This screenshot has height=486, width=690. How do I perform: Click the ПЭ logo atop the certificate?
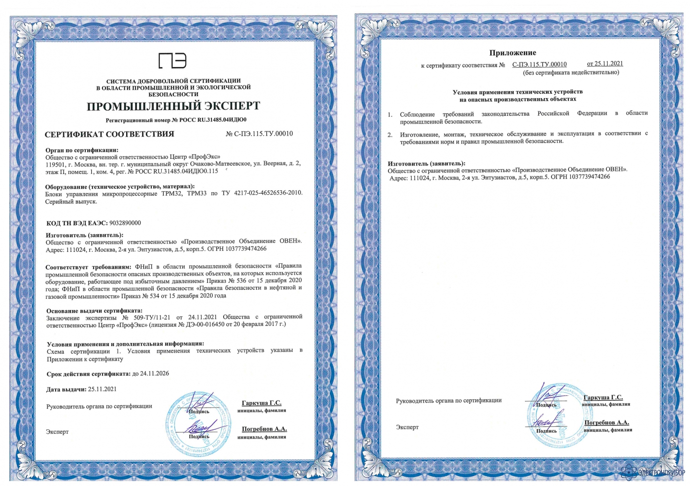(172, 60)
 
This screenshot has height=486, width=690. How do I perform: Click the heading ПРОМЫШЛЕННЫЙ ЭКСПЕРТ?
(173, 106)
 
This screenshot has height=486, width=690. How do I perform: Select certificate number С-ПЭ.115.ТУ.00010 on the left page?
(263, 134)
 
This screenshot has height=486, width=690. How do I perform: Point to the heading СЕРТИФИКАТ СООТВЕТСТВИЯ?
(109, 134)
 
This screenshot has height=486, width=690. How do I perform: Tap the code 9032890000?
(125, 223)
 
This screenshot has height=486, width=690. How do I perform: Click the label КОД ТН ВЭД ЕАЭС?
(76, 223)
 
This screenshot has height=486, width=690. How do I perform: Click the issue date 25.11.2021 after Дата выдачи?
(103, 389)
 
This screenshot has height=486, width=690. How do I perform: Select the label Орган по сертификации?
(82, 150)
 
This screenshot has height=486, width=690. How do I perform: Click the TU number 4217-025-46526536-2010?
(268, 193)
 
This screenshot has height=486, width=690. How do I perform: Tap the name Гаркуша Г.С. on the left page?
(262, 403)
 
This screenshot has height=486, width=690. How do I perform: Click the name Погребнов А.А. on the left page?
(264, 429)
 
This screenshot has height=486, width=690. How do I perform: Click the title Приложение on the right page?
(513, 53)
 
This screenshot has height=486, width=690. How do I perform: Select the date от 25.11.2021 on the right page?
(605, 64)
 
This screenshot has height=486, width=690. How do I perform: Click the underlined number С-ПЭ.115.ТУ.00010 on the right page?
(539, 65)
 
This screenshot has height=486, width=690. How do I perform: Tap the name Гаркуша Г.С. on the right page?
(603, 397)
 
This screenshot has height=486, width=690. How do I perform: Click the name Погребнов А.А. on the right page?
(607, 422)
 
